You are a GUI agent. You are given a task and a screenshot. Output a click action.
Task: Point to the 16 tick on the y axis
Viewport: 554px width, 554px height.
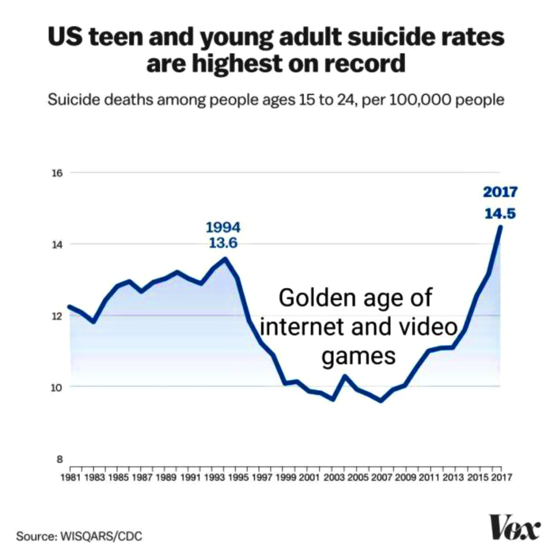(x=57, y=173)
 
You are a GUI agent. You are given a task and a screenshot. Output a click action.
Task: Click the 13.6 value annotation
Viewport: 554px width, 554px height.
(x=223, y=243)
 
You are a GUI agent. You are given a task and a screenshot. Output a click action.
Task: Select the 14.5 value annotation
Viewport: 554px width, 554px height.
(x=500, y=214)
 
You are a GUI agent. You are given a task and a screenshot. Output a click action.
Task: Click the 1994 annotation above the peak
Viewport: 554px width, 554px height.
(x=223, y=227)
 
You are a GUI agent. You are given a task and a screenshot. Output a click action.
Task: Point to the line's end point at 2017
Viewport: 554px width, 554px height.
(x=500, y=227)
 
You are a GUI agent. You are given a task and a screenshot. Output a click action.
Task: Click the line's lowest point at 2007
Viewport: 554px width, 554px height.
(x=381, y=401)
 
